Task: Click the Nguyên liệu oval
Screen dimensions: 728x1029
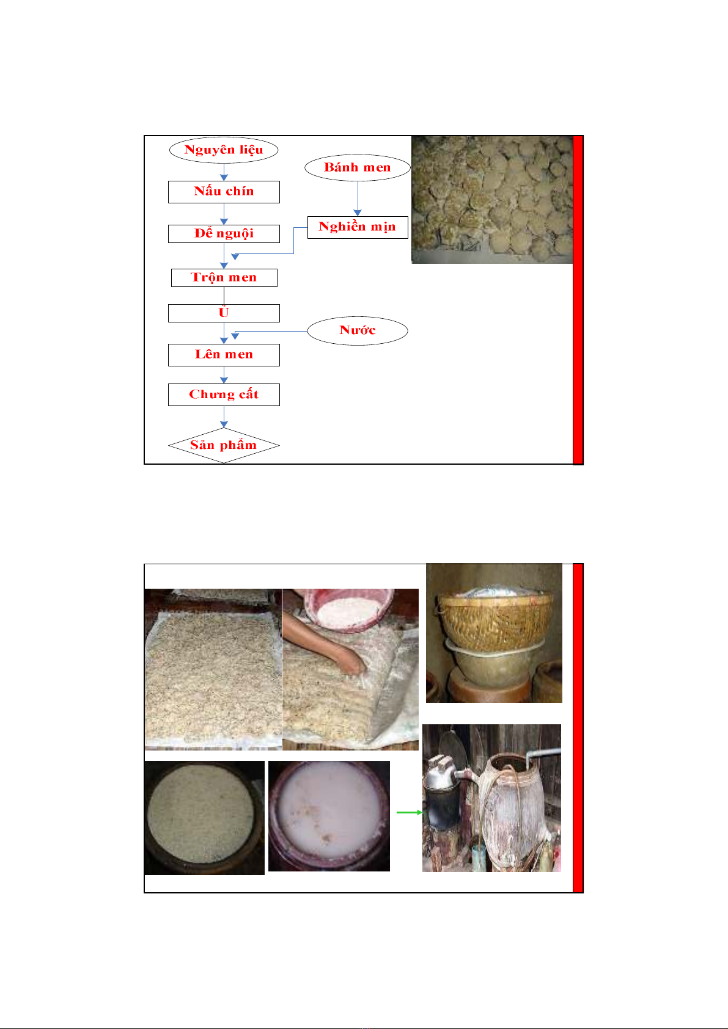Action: coord(224,150)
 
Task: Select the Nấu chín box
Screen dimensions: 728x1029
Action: coord(224,192)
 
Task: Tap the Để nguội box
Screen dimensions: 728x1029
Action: coord(224,233)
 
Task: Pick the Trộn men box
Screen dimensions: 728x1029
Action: coord(224,277)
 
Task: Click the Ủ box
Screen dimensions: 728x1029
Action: coord(224,313)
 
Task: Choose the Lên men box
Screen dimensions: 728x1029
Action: coord(224,355)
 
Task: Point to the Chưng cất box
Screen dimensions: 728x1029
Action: coord(224,394)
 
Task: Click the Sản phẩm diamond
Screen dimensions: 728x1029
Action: coord(224,445)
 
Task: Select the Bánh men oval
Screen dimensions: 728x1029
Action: coord(358,167)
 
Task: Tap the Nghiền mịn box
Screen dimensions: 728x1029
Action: coord(358,227)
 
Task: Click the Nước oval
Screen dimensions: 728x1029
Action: coord(358,330)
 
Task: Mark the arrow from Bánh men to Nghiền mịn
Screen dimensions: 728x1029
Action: coord(358,198)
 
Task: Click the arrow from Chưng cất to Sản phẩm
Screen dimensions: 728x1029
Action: coord(224,416)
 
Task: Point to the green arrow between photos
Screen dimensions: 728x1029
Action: coord(410,812)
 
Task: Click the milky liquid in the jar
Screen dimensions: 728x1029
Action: coord(329,813)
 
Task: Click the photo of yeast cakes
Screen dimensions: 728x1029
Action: coord(491,199)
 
